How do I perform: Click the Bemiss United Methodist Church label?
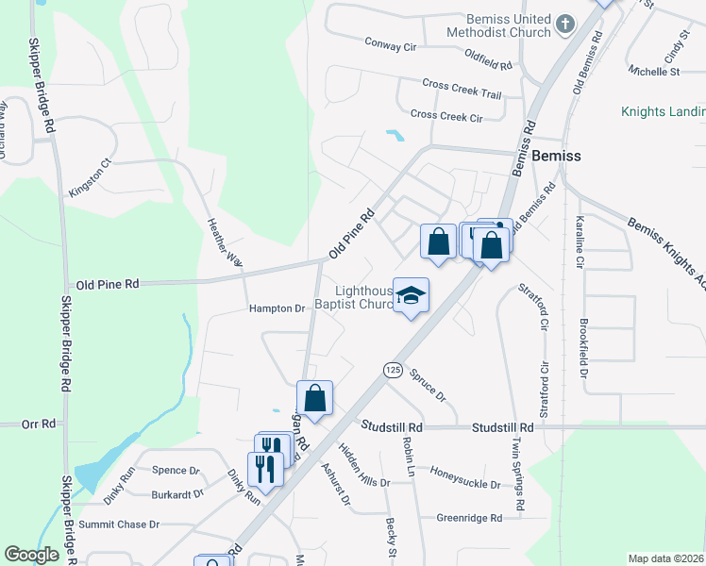508,25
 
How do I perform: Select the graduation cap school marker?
411,296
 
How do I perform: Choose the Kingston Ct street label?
90,177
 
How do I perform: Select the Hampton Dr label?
277,308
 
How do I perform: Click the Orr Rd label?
40,424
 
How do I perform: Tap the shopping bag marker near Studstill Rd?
315,398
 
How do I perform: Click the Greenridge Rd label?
469,518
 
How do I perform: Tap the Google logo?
32,555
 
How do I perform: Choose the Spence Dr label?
176,470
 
